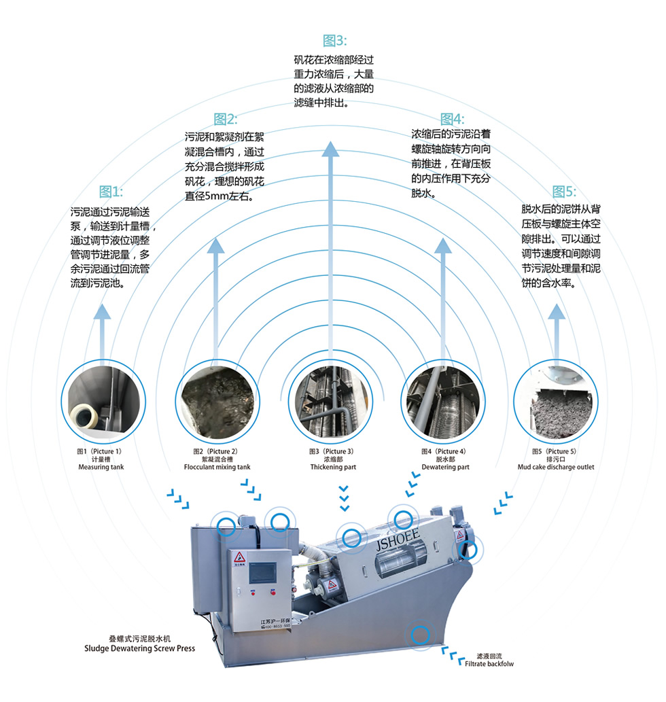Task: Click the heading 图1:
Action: click(111, 191)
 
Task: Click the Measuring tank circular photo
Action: click(103, 401)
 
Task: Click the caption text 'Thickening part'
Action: click(333, 468)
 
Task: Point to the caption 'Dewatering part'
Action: click(445, 468)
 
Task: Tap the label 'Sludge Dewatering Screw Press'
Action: click(139, 648)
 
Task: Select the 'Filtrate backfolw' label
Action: click(489, 664)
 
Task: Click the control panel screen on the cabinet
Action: click(260, 572)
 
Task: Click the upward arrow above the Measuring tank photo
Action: click(102, 333)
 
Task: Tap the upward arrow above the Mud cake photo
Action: click(557, 333)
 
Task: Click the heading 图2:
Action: click(225, 119)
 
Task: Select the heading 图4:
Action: click(451, 119)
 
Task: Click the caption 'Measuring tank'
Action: click(101, 468)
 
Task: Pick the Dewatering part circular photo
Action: click(443, 401)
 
